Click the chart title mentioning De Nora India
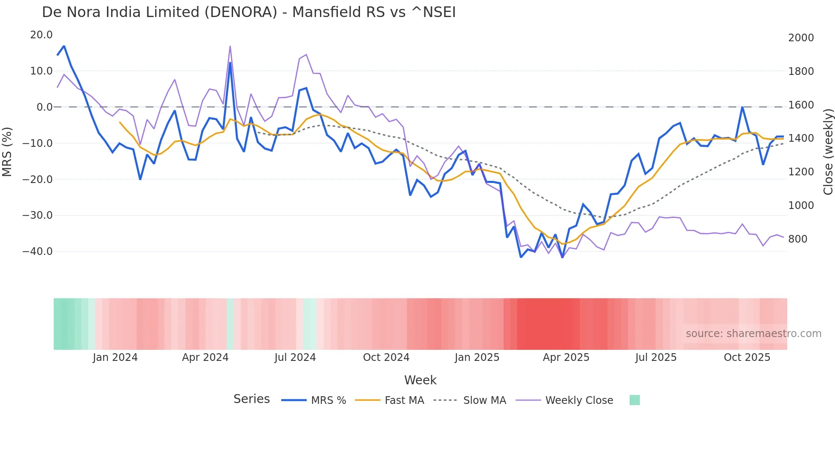(x=249, y=12)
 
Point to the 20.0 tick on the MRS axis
(x=41, y=35)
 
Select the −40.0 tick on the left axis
(x=37, y=252)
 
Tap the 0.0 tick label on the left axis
(x=44, y=107)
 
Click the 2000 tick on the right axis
(x=801, y=38)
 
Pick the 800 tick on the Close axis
(x=798, y=239)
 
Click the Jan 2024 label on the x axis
(x=115, y=357)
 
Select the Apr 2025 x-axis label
(x=566, y=357)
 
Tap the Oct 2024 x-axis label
(x=386, y=357)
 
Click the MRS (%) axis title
(x=7, y=152)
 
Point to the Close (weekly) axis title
(x=828, y=152)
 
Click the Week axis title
(x=420, y=380)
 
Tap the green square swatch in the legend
(x=634, y=400)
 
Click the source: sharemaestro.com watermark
(x=753, y=334)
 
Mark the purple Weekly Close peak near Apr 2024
(x=230, y=46)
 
